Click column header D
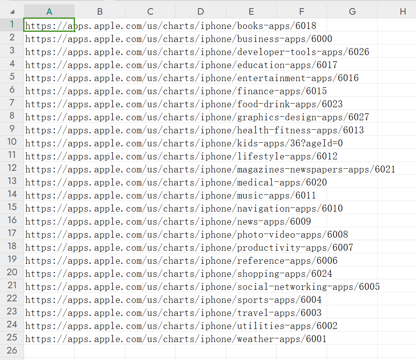click(200, 11)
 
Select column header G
click(352, 11)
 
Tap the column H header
click(403, 11)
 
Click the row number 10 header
click(12, 142)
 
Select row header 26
click(12, 351)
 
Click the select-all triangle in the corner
click(12, 12)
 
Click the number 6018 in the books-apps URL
click(306, 26)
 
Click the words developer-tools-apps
click(290, 52)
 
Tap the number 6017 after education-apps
click(327, 65)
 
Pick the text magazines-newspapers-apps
click(303, 169)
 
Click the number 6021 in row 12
click(385, 169)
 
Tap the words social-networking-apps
click(295, 287)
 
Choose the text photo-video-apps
click(279, 235)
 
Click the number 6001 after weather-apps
click(316, 339)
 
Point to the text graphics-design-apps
click(290, 117)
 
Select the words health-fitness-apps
click(287, 130)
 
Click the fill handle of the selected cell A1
click(74, 31)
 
